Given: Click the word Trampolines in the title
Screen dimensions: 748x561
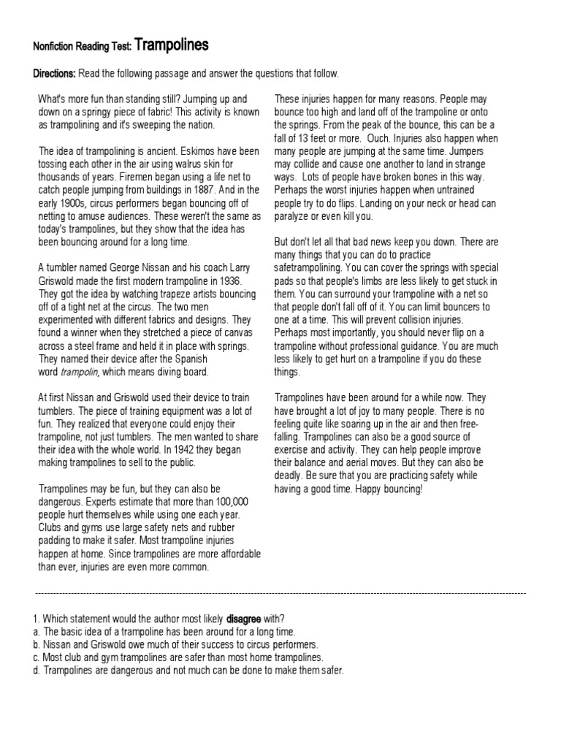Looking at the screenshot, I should [172, 45].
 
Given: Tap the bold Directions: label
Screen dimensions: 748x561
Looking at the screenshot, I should [55, 74].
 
